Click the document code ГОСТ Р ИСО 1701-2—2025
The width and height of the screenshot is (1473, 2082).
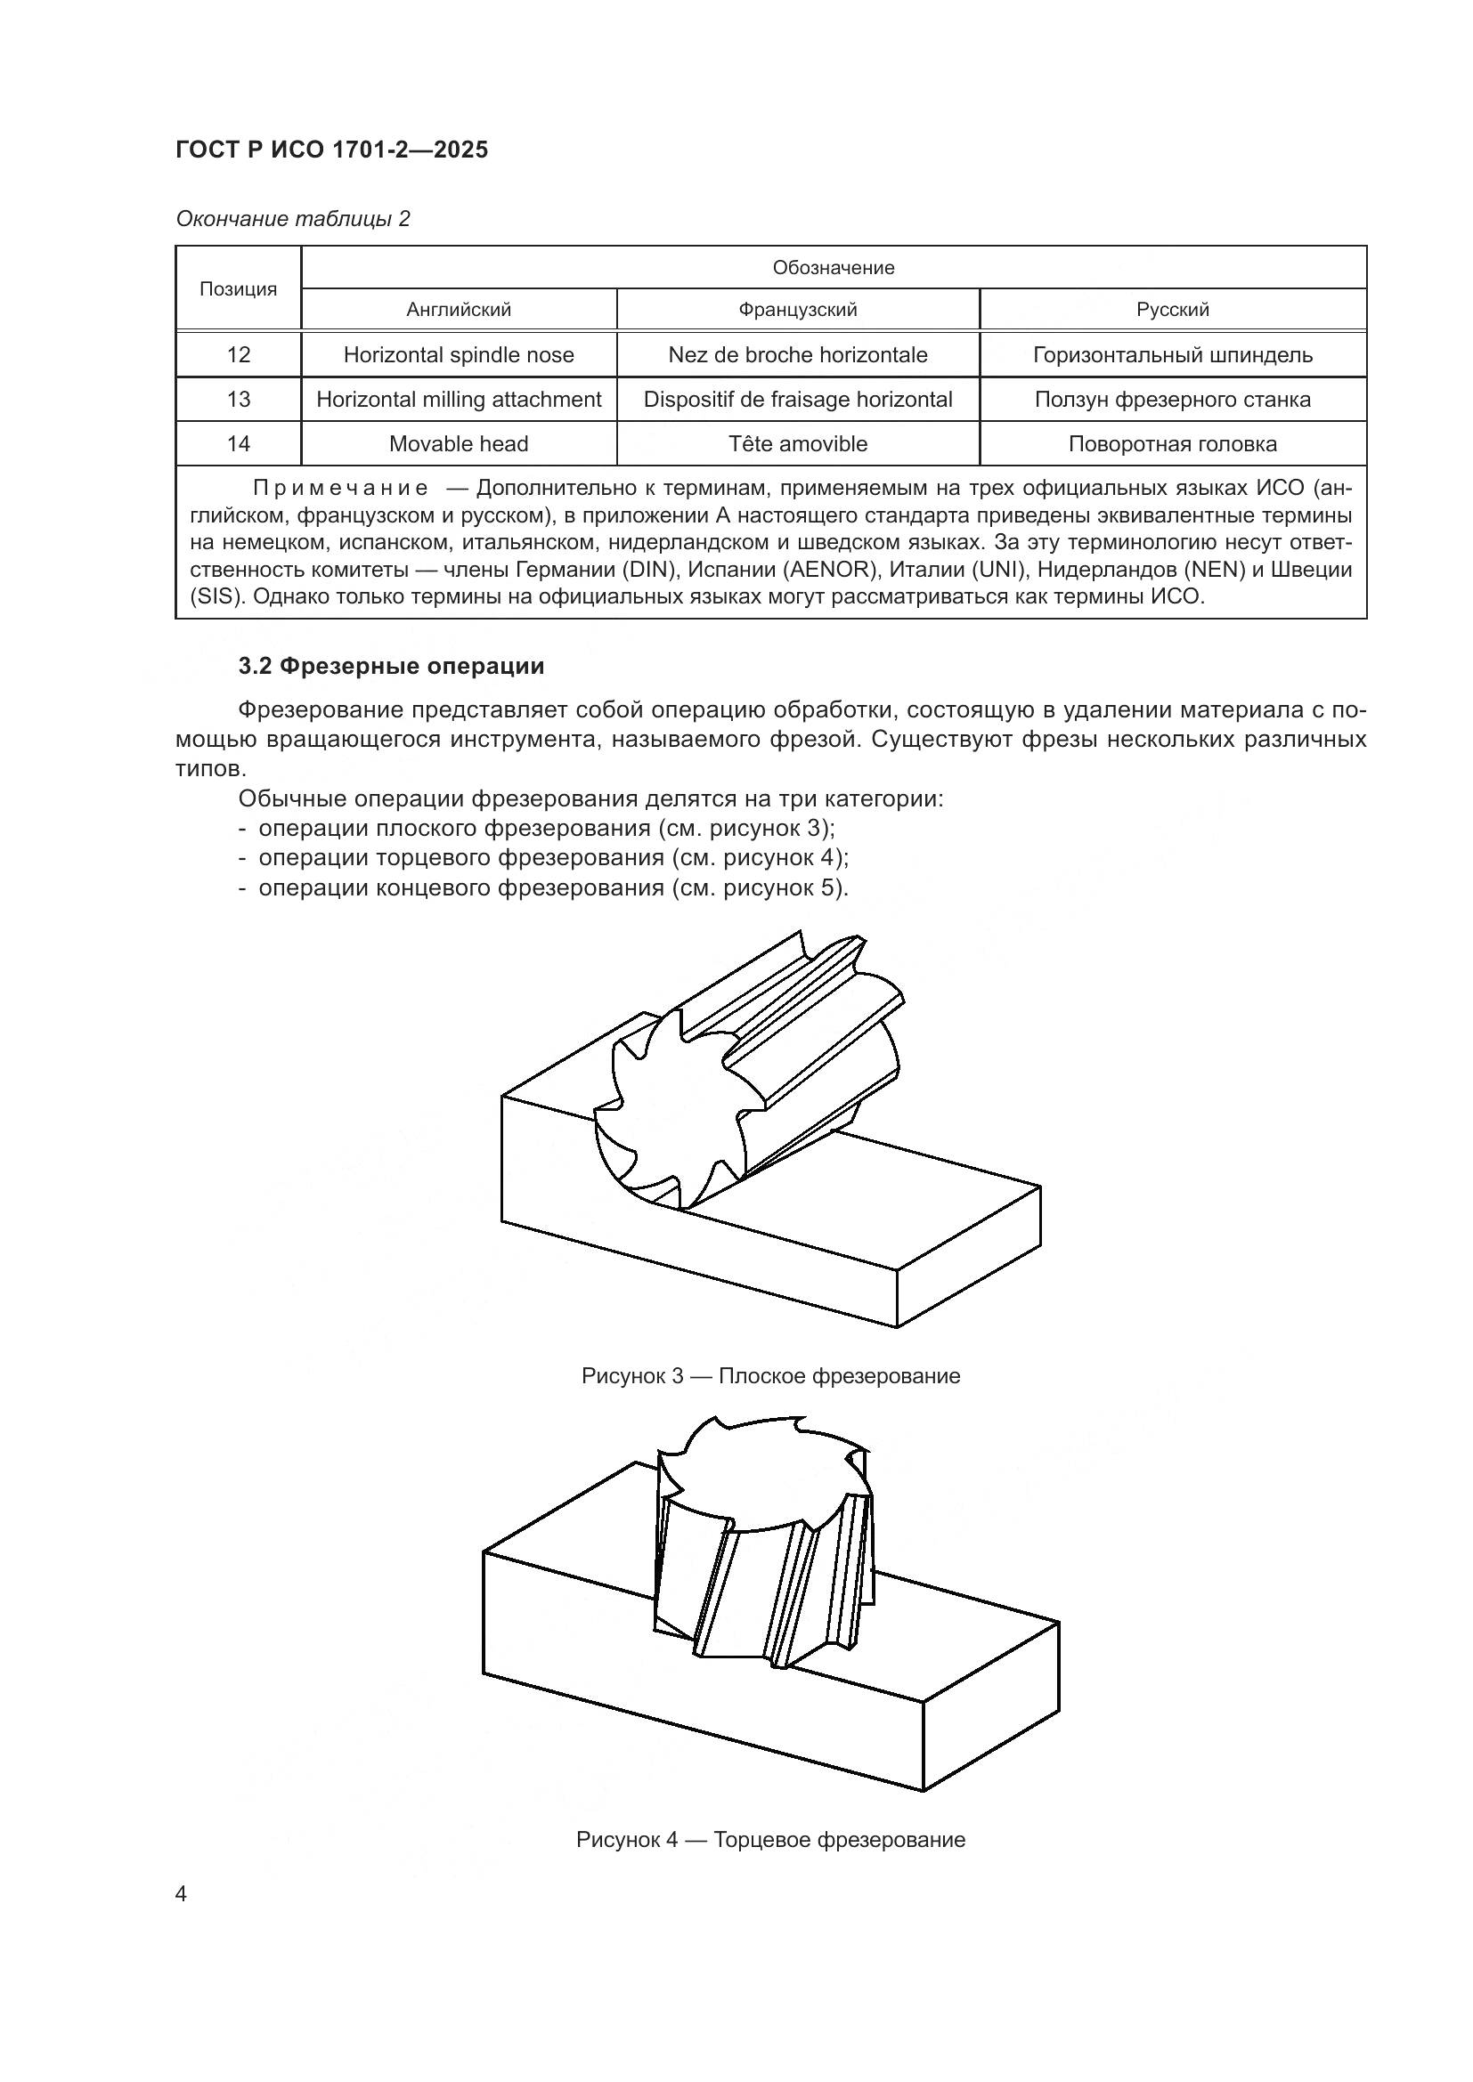click(x=332, y=150)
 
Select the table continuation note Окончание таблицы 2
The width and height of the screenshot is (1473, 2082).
click(x=293, y=219)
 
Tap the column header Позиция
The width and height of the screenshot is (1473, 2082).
click(x=238, y=288)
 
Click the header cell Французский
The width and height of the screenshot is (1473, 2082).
click(x=797, y=309)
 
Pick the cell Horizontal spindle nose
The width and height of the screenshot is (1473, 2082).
click(x=458, y=354)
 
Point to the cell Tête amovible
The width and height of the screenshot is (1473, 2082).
click(x=797, y=443)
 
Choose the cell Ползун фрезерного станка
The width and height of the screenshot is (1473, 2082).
click(x=1172, y=399)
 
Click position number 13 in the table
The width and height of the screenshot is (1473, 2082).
click(x=238, y=399)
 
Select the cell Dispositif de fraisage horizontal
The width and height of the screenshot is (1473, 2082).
click(x=797, y=399)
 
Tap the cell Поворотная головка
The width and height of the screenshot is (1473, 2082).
click(x=1172, y=443)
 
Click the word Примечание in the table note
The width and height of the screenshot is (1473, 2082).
click(x=340, y=489)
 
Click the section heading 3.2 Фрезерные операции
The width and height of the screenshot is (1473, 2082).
click(x=391, y=667)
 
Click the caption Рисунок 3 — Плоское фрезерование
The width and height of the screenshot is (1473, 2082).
click(x=770, y=1375)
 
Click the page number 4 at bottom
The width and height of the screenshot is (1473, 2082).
click(x=182, y=1894)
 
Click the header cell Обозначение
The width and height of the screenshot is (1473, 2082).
click(x=833, y=268)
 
